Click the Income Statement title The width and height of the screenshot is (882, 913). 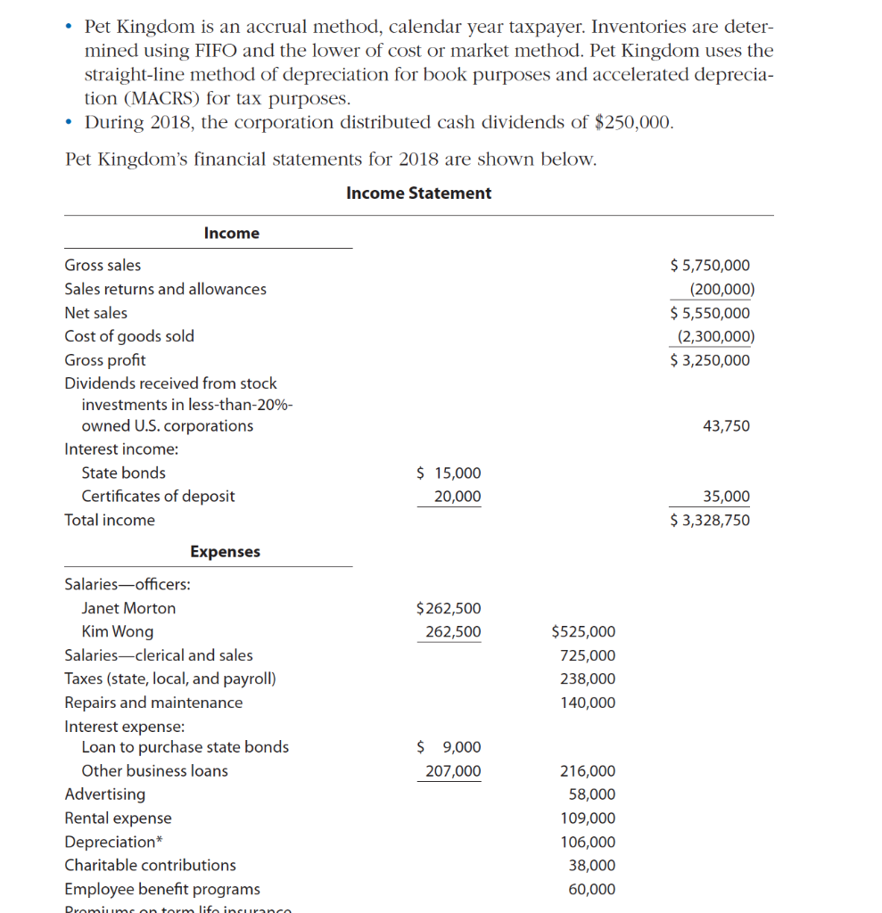click(418, 193)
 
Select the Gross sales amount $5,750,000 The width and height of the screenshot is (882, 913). click(710, 266)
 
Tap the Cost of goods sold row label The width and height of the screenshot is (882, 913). click(129, 336)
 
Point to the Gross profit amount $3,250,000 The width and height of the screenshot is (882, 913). click(710, 360)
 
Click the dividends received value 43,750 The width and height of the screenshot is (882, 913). click(726, 426)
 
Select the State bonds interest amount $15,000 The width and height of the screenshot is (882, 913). click(449, 473)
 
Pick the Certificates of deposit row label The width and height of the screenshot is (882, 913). click(158, 497)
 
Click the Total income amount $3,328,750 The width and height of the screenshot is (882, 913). click(710, 521)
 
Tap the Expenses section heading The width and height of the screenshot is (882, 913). click(225, 552)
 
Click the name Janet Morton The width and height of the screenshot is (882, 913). click(128, 609)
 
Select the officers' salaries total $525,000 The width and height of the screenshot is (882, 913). click(583, 632)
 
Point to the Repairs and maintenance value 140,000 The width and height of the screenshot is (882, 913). click(587, 703)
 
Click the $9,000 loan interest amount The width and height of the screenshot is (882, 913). click(449, 747)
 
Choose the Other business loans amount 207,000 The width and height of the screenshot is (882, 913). click(452, 771)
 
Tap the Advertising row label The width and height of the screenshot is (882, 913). click(105, 794)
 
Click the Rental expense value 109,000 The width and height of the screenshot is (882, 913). click(587, 818)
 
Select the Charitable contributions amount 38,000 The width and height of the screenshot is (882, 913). click(591, 866)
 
